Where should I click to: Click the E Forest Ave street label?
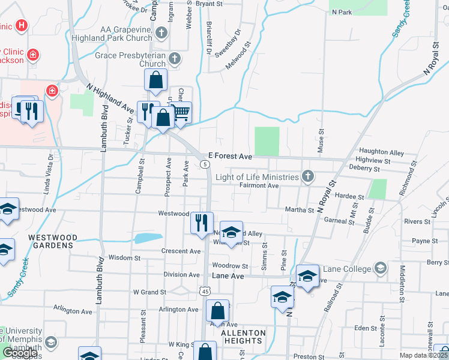231,155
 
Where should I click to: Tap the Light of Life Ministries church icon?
308,176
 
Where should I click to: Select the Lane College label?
347,268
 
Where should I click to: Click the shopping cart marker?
181,112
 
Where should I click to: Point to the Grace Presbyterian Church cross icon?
175,59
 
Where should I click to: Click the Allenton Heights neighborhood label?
243,337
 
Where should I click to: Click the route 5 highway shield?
205,164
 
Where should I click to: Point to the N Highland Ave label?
110,99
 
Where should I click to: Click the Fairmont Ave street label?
259,186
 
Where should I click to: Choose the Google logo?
20,353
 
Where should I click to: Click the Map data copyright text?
424,355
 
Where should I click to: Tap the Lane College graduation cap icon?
380,267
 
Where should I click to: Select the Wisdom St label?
124,257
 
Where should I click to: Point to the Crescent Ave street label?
181,251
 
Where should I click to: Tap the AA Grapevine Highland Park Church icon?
161,32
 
